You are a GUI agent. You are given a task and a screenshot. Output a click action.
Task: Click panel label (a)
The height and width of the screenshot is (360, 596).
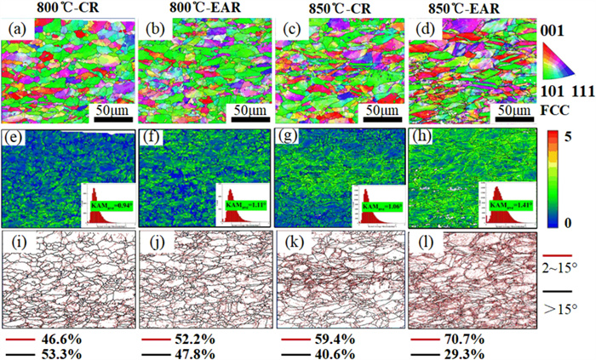tap(16, 32)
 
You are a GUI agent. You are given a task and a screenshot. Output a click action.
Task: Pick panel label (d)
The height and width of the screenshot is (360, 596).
tap(421, 32)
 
